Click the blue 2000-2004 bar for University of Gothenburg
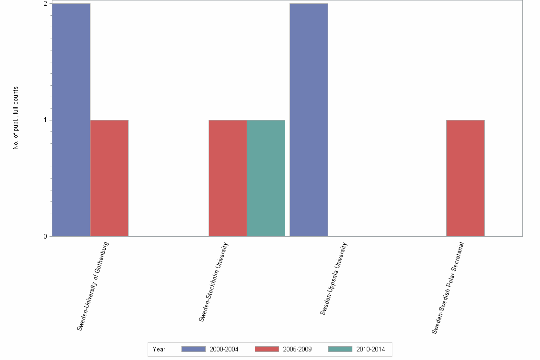71,120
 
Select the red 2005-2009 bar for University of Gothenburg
109,178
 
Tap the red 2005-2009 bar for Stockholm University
228,178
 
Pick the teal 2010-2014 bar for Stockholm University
266,178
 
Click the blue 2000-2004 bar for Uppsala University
309,120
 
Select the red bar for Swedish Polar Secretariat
465,178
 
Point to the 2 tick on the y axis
46,4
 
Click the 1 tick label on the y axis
46,120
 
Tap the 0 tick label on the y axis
46,236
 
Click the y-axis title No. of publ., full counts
16,118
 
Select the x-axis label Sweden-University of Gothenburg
93,286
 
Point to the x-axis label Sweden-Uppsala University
334,279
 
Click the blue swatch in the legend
193,349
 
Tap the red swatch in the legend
267,349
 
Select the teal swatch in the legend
340,349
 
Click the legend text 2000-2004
224,350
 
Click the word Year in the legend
159,350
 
